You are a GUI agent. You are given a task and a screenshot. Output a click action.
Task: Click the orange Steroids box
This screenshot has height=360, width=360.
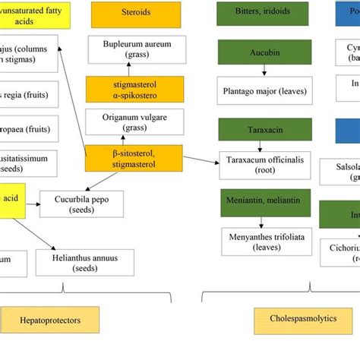coord(136,13)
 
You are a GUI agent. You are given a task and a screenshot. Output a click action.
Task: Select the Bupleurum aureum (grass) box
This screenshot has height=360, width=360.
coord(136,50)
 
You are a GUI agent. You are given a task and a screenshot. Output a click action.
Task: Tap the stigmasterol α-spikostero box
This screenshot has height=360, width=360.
coord(136,89)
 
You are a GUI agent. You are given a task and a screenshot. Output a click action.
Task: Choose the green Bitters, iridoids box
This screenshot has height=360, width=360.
coord(263,13)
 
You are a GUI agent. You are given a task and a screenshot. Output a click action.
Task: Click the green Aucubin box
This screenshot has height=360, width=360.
coord(263,52)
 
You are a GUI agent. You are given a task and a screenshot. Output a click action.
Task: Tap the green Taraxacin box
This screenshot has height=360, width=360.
coord(263,129)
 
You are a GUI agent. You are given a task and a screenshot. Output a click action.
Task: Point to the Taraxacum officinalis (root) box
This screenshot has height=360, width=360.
coord(263,166)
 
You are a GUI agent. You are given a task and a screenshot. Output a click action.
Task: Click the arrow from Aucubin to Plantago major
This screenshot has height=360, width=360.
coord(263,70)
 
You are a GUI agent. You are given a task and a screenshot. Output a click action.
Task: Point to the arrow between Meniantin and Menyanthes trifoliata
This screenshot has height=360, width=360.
coord(263,220)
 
